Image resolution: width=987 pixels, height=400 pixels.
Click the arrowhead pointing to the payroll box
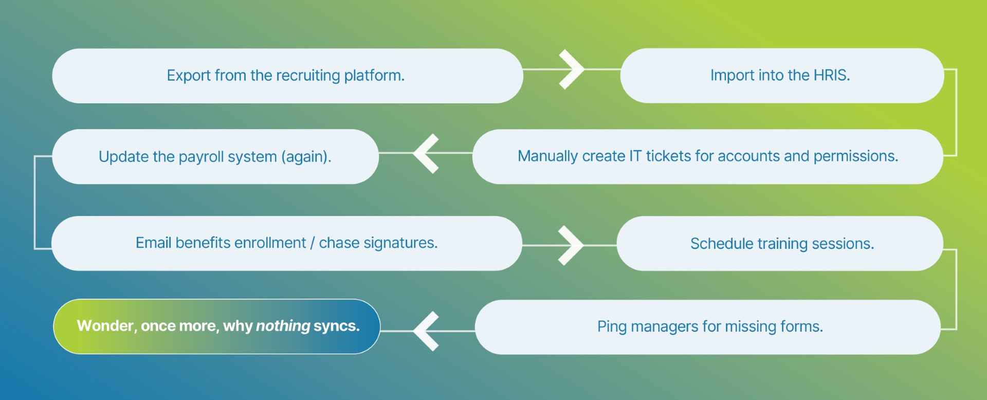pos(426,153)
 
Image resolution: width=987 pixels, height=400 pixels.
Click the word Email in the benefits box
pos(153,243)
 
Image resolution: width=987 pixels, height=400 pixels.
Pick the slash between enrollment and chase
pos(312,243)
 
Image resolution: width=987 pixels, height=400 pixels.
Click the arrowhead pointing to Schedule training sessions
pos(571,245)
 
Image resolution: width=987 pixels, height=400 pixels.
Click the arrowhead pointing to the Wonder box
pos(426,331)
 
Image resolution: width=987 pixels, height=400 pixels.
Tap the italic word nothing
pos(283,326)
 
